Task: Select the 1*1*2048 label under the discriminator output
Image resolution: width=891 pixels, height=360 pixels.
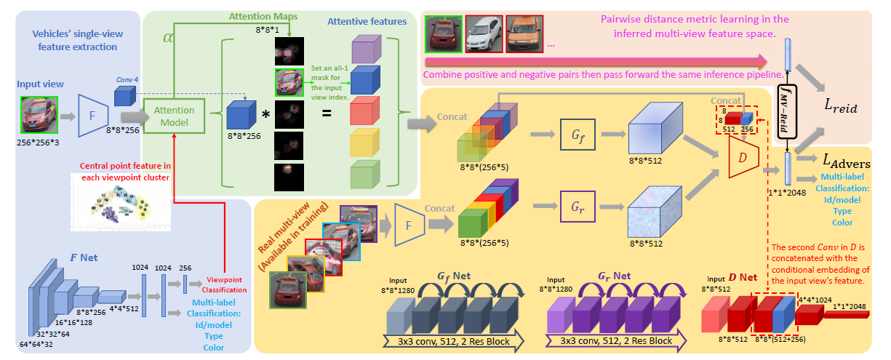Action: pos(787,192)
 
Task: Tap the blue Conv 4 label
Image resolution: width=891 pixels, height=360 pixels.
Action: pos(127,80)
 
